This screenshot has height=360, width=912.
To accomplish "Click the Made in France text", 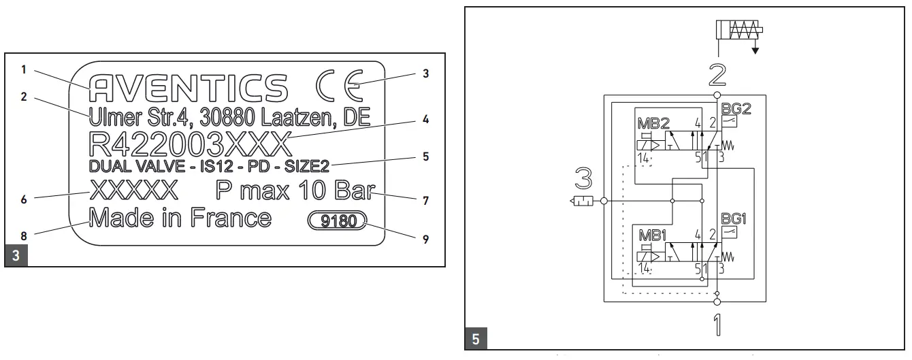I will point(180,218).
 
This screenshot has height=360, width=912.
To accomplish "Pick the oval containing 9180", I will point(337,221).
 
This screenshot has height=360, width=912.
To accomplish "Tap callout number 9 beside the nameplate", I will point(425,240).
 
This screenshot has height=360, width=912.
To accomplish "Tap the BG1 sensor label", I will point(732,220).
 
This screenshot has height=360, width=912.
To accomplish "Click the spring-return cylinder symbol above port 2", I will point(738,31).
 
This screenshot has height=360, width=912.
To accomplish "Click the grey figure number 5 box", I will point(475,337).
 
